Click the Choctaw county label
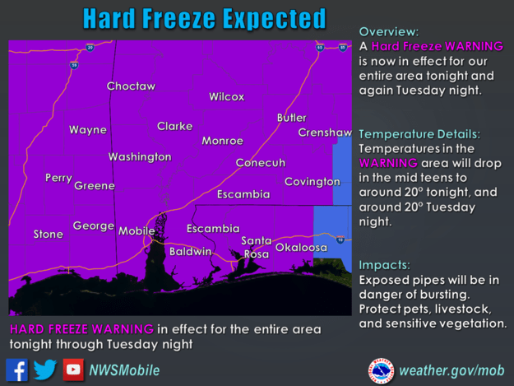pyautogui.click(x=131, y=86)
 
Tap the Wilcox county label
pyautogui.click(x=226, y=96)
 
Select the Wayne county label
pyautogui.click(x=87, y=130)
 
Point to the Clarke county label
pyautogui.click(x=174, y=126)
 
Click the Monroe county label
pyautogui.click(x=222, y=141)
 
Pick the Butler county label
pyautogui.click(x=291, y=118)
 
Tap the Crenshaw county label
pyautogui.click(x=324, y=133)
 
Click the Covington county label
pyautogui.click(x=312, y=181)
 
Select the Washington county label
pyautogui.click(x=140, y=156)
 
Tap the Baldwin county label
pyautogui.click(x=190, y=251)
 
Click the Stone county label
pyautogui.click(x=48, y=235)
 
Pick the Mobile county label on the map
pyautogui.click(x=137, y=231)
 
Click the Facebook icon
pyautogui.click(x=16, y=370)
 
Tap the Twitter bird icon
pyautogui.click(x=45, y=370)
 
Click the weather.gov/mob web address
pyautogui.click(x=451, y=370)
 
